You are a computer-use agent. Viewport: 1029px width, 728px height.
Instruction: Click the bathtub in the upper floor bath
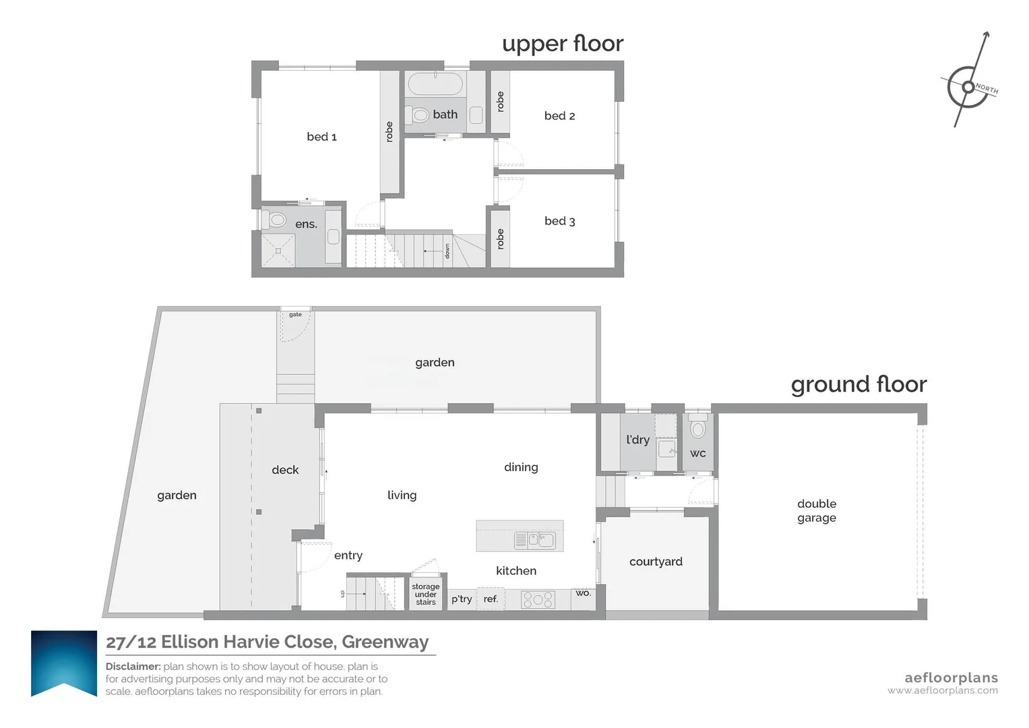click(435, 84)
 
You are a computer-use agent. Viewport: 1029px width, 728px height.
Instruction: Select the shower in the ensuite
click(278, 251)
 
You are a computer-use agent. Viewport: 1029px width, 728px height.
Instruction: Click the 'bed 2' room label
click(559, 116)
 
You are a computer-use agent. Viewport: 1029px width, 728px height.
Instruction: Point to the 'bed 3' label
click(559, 221)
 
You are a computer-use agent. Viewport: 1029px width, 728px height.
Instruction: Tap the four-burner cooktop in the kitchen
click(538, 599)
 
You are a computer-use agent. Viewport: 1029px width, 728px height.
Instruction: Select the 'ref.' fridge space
click(491, 599)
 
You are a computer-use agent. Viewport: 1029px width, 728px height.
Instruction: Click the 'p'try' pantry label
click(461, 599)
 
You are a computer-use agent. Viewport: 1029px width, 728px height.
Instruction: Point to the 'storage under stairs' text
click(425, 595)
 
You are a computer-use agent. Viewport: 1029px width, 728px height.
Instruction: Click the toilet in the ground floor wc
click(697, 425)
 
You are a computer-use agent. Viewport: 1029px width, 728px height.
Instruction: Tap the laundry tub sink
click(666, 448)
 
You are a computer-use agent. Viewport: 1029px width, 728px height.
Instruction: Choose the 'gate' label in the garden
click(295, 315)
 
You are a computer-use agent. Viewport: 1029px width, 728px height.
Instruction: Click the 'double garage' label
click(816, 511)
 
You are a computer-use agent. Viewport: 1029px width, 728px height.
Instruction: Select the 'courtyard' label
click(656, 562)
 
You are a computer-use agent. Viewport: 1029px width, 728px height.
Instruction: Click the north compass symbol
click(968, 86)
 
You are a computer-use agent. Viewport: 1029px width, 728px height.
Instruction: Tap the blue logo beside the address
click(64, 663)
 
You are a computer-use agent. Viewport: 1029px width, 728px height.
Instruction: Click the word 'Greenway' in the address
click(385, 642)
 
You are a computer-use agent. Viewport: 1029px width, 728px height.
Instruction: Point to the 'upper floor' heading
click(563, 44)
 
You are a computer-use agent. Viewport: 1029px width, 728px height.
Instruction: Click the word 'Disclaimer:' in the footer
click(133, 667)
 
